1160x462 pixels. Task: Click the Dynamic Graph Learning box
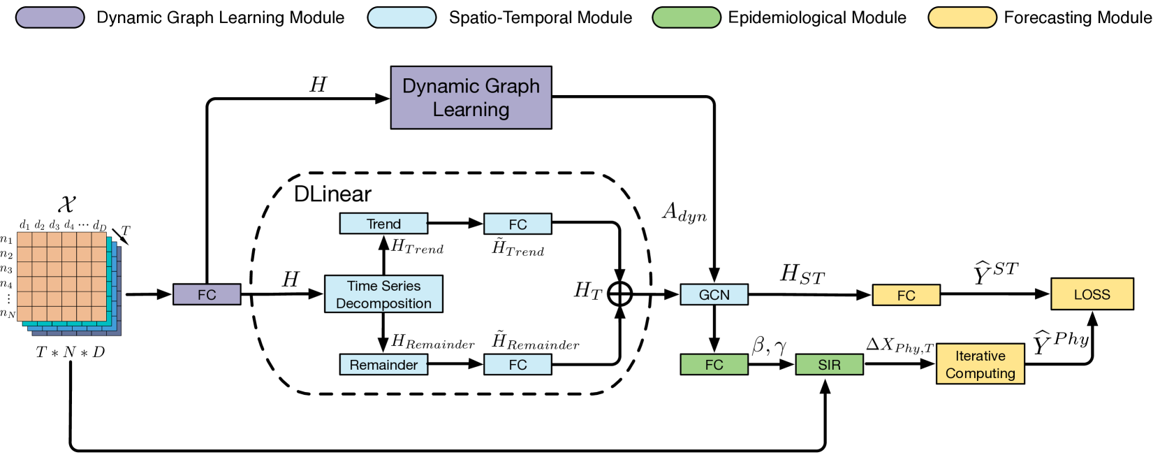(471, 97)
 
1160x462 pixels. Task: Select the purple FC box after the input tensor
(207, 294)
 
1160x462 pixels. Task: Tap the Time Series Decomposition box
(383, 294)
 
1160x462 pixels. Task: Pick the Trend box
(383, 224)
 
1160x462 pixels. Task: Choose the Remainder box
(383, 365)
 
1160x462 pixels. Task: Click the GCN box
(714, 294)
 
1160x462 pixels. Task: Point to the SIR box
(829, 365)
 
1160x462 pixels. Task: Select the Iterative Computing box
(981, 364)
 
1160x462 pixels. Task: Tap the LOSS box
(1092, 294)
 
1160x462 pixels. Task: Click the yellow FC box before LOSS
(906, 295)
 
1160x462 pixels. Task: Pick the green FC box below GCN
(714, 365)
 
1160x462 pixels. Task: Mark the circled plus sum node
(619, 294)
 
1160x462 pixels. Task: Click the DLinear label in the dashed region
(332, 194)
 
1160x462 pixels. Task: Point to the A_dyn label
(684, 212)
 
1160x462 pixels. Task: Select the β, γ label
(769, 345)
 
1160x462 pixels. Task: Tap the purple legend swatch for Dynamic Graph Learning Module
(50, 17)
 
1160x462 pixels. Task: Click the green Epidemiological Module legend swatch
(687, 17)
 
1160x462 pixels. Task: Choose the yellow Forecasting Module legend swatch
(962, 17)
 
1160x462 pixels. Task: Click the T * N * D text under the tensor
(70, 352)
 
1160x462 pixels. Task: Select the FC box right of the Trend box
(517, 224)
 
